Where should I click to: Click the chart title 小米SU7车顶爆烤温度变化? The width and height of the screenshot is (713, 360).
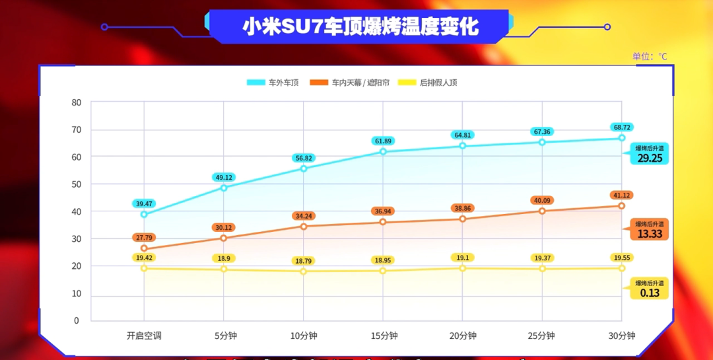coord(360,26)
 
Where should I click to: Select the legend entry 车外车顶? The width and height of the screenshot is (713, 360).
coord(273,83)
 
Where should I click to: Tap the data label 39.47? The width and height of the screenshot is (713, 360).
coord(144,203)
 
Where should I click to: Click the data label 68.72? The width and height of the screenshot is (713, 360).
coord(622,127)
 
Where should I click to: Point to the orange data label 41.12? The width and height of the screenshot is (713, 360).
coord(622,196)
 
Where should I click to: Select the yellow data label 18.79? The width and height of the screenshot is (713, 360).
coord(304,261)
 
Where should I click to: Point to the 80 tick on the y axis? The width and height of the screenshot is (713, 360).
coord(77,102)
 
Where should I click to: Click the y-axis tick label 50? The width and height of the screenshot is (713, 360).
coord(77,184)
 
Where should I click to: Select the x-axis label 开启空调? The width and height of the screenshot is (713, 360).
coord(144,336)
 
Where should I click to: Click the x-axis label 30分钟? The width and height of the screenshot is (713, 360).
coord(622,336)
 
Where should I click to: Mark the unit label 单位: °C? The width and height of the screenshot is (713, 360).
coord(650,56)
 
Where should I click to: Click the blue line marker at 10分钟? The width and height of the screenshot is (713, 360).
coord(304,168)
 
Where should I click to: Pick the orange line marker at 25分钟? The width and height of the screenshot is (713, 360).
coord(542,211)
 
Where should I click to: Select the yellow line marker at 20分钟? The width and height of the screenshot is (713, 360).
coord(463,268)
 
